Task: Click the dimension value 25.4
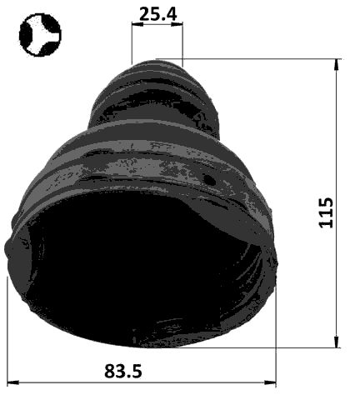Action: (157, 12)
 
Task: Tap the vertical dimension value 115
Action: (326, 212)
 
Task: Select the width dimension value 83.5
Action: (122, 371)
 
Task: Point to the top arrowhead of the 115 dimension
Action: (337, 63)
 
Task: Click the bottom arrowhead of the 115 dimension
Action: (337, 342)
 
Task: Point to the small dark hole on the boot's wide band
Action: (210, 179)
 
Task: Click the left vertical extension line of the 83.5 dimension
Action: (7, 333)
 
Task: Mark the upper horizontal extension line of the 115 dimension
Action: (267, 59)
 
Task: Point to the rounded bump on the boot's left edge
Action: (11, 248)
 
